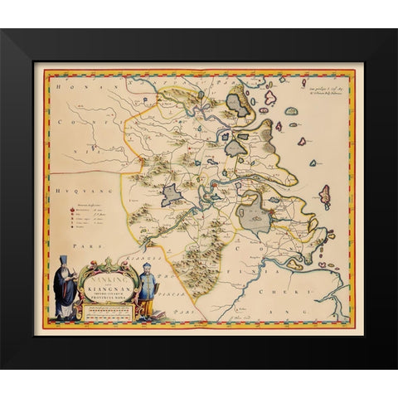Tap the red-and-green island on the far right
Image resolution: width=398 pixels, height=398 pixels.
[x=325, y=196]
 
